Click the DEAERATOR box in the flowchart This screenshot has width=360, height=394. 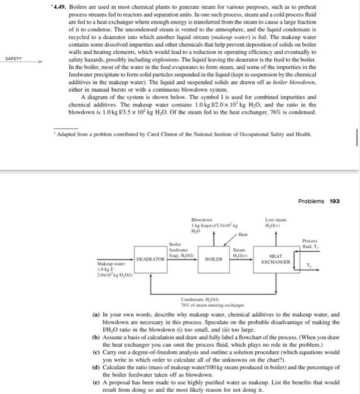150,258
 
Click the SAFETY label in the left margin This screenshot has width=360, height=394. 14,58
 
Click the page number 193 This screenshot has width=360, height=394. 334,201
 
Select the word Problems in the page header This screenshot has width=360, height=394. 309,201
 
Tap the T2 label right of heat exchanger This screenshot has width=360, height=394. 308,267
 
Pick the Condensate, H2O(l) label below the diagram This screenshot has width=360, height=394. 201,299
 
